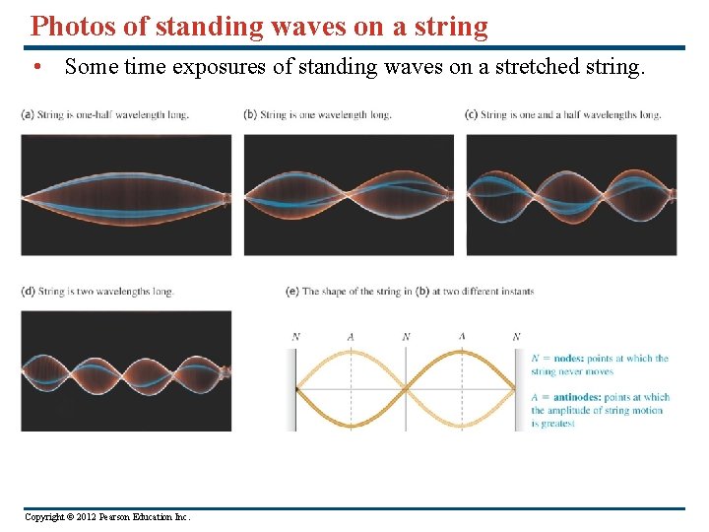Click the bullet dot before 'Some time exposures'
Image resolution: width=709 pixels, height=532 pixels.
36,67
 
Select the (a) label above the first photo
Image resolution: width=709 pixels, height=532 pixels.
26,114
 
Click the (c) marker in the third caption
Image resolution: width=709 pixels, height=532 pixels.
471,114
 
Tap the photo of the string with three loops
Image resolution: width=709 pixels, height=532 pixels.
571,194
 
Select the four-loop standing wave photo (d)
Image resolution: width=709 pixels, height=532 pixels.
126,370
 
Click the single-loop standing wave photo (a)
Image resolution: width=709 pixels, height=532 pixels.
126,194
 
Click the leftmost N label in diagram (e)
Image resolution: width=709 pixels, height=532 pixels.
295,337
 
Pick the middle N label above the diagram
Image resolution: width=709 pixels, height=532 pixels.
406,337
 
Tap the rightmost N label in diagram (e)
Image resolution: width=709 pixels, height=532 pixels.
516,337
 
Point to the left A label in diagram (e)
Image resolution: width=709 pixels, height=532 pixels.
351,337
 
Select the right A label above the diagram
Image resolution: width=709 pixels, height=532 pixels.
462,337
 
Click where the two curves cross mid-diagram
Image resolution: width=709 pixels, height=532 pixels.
406,389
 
